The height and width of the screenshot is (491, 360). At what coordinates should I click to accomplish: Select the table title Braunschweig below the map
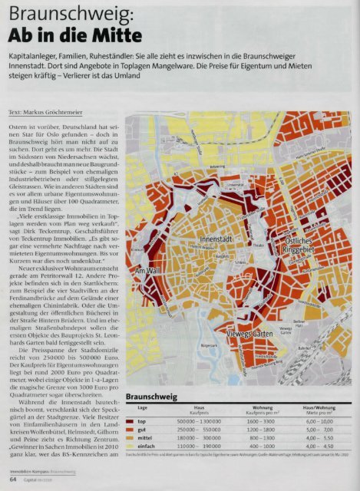(157, 397)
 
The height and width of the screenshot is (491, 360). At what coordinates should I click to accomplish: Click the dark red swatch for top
(131, 420)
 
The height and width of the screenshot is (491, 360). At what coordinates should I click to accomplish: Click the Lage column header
(142, 408)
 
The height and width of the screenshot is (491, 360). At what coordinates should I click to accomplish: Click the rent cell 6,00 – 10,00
(320, 420)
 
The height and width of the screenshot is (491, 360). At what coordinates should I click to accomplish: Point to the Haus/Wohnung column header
(320, 407)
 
